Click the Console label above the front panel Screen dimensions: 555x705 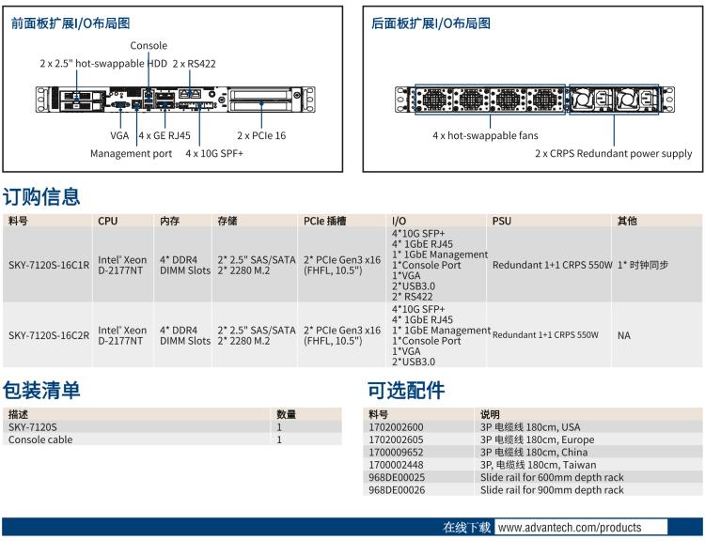tap(149, 45)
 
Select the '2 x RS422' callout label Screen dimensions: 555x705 tap(194, 64)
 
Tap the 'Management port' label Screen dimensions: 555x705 tap(131, 153)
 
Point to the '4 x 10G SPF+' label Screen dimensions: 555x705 tap(214, 153)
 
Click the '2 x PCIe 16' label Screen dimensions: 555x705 tap(261, 135)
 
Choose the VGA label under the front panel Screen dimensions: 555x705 tap(119, 135)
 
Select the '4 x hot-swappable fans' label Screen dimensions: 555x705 tap(485, 135)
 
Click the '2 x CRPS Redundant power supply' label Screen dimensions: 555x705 tap(613, 153)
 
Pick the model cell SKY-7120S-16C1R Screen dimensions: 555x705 tap(49, 265)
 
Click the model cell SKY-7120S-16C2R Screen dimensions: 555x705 tap(49, 335)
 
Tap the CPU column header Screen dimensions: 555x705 tap(108, 221)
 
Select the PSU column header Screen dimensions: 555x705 tap(502, 221)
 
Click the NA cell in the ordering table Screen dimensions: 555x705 tap(624, 335)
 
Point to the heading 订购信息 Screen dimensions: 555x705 tap(41, 197)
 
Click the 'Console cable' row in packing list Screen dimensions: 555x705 tap(40, 439)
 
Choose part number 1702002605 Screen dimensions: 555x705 tap(396, 439)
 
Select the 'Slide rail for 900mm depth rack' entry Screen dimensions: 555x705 tap(552, 489)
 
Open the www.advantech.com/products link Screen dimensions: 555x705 tap(570, 528)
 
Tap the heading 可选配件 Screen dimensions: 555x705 tap(406, 391)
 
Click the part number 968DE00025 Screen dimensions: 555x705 tap(397, 477)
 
